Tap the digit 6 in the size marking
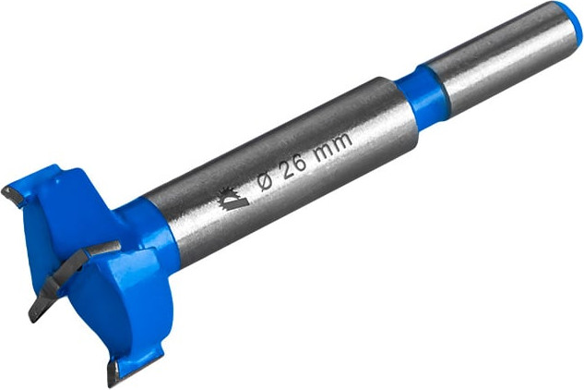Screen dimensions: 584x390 point(301,161)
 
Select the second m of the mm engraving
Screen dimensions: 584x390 point(341,141)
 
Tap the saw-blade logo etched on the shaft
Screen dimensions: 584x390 point(232,199)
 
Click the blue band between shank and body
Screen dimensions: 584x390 point(421,98)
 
